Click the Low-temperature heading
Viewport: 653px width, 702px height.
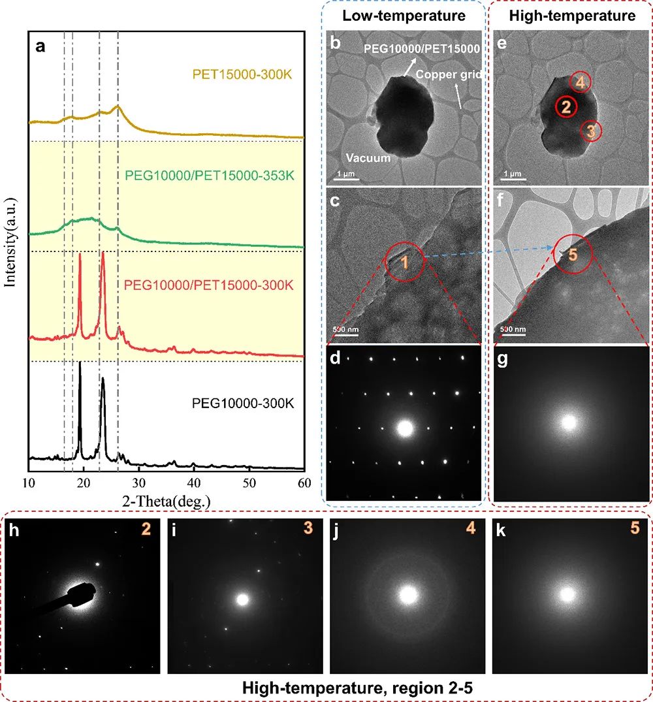pyautogui.click(x=406, y=16)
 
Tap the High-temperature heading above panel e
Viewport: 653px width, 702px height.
pyautogui.click(x=573, y=16)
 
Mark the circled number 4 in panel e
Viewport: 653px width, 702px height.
pyautogui.click(x=581, y=82)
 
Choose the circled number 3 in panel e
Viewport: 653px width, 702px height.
pyautogui.click(x=590, y=131)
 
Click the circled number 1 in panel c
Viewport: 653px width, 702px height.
pyautogui.click(x=405, y=263)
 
